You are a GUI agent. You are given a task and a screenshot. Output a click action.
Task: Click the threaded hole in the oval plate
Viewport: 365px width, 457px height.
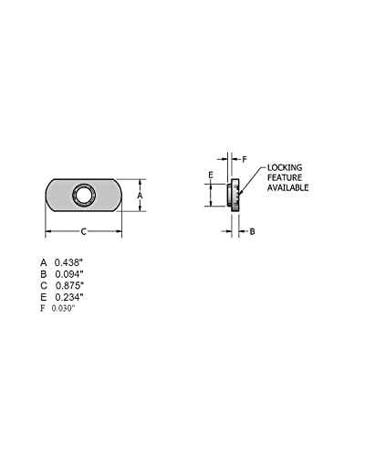(x=83, y=195)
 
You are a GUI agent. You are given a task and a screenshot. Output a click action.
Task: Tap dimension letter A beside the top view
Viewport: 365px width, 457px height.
(x=140, y=195)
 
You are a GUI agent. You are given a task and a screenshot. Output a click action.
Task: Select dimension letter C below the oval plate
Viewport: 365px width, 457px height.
(x=84, y=230)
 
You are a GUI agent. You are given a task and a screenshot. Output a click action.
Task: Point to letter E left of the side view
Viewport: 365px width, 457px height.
(x=210, y=174)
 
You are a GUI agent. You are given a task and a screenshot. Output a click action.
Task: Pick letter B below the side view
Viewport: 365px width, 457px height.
(x=253, y=230)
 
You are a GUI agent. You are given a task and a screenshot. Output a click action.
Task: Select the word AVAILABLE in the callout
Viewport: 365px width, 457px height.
(x=288, y=187)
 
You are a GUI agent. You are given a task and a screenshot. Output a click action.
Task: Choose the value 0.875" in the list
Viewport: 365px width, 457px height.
(x=70, y=286)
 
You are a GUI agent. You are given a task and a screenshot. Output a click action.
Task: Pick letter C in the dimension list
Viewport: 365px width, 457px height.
(x=43, y=286)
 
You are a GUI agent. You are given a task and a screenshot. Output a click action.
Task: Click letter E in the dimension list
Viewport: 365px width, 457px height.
(x=43, y=297)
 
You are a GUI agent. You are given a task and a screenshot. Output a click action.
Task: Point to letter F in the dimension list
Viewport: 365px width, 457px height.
(x=42, y=308)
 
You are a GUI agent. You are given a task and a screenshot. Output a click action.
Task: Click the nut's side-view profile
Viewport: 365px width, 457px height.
(x=234, y=194)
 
